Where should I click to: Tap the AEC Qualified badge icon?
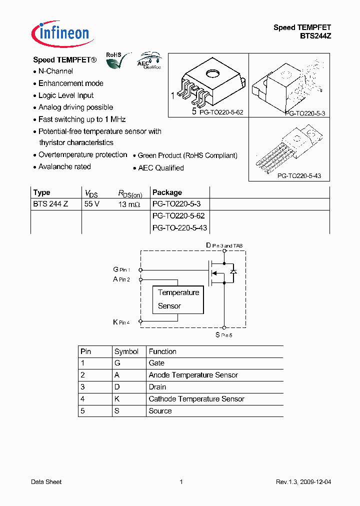click(x=149, y=60)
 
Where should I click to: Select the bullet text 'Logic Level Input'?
click(x=66, y=95)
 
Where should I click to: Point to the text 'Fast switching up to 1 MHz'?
click(x=82, y=119)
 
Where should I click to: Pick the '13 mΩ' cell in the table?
click(x=129, y=204)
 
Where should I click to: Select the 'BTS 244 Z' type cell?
click(x=50, y=204)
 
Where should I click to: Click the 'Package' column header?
click(x=167, y=192)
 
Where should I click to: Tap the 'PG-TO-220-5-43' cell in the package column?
click(x=179, y=228)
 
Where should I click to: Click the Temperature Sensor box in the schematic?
click(x=178, y=299)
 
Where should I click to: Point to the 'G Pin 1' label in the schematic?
click(x=121, y=269)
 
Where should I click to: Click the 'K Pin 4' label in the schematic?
click(x=121, y=322)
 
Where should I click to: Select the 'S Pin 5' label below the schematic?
click(x=223, y=334)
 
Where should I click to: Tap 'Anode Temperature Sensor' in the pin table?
click(x=193, y=375)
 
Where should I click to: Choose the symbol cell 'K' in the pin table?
click(x=117, y=399)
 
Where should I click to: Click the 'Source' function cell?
click(x=160, y=411)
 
